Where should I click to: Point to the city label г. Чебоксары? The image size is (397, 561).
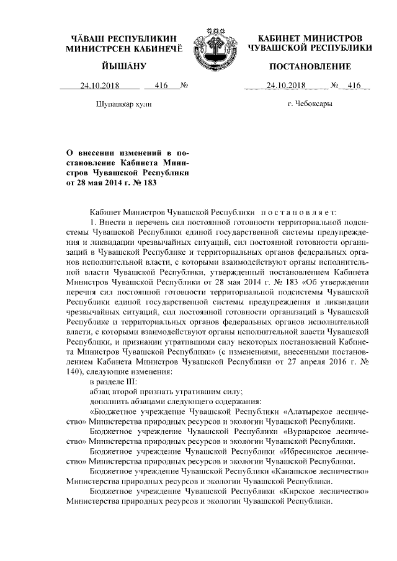click(310, 104)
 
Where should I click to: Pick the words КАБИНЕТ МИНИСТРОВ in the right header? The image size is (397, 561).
click(310, 38)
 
